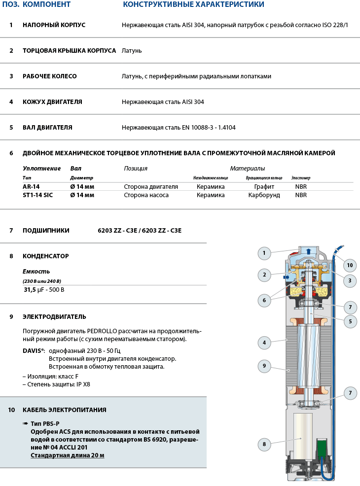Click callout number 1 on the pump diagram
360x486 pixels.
click(x=264, y=253)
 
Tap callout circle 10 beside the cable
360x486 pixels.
click(x=350, y=265)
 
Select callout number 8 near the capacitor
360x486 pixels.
click(x=264, y=444)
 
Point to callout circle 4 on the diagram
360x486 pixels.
click(x=264, y=342)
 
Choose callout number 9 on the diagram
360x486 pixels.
click(x=264, y=366)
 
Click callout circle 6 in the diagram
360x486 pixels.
click(x=264, y=299)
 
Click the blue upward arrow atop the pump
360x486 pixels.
click(x=309, y=251)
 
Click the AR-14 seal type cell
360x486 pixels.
click(x=31, y=187)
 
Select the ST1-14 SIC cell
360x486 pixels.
click(x=37, y=195)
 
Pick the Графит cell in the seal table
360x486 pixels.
click(x=264, y=187)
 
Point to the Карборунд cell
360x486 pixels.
click(x=264, y=195)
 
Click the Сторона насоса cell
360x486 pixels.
click(x=146, y=195)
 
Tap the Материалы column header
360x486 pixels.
click(x=247, y=169)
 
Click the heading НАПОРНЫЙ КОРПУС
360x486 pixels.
click(x=54, y=25)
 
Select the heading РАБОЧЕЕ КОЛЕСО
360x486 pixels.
click(x=49, y=76)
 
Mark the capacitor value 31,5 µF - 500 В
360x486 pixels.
click(x=44, y=289)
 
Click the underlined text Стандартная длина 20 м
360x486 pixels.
click(x=68, y=455)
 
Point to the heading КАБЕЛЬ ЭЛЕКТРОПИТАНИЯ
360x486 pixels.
click(x=64, y=410)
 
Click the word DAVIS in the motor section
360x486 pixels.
click(x=33, y=350)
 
